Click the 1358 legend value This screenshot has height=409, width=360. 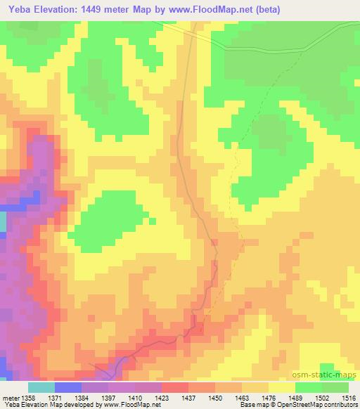click(x=28, y=397)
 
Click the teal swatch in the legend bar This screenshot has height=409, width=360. click(x=41, y=387)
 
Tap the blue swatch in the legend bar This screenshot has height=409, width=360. click(x=68, y=387)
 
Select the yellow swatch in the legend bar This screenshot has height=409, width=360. click(x=282, y=387)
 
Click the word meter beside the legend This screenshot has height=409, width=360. click(x=9, y=397)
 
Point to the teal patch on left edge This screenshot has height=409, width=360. click(x=2, y=223)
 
